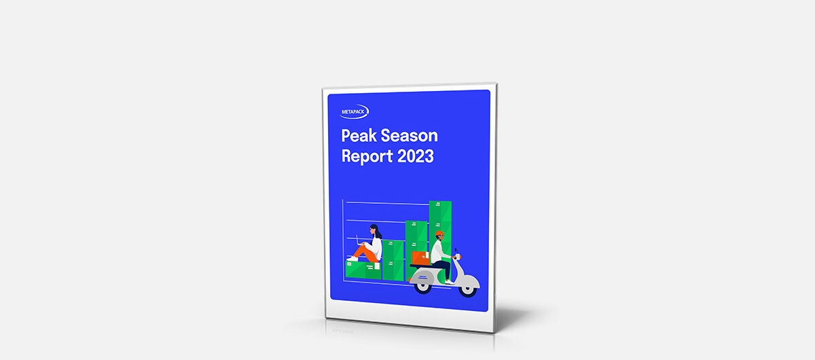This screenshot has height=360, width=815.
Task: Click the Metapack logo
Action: (354, 112)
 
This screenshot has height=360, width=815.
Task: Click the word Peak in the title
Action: (359, 135)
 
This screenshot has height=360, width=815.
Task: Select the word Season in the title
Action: (410, 135)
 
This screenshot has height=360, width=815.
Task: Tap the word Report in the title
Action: (367, 156)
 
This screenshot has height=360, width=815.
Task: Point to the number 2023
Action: (416, 156)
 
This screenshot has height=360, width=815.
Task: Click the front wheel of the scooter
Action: (467, 289)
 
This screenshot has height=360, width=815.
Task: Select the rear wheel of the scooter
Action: (422, 286)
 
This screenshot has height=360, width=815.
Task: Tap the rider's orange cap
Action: (440, 234)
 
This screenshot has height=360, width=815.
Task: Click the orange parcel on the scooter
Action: (420, 258)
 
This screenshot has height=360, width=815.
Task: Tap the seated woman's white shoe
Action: (352, 259)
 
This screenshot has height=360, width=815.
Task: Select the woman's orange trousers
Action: (365, 253)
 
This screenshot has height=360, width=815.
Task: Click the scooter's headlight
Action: (458, 257)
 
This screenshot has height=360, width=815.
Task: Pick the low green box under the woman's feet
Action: (363, 270)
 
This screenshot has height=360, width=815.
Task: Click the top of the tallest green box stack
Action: (440, 202)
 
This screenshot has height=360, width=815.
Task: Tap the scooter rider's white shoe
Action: (450, 282)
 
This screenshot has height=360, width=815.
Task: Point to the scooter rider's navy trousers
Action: (443, 268)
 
